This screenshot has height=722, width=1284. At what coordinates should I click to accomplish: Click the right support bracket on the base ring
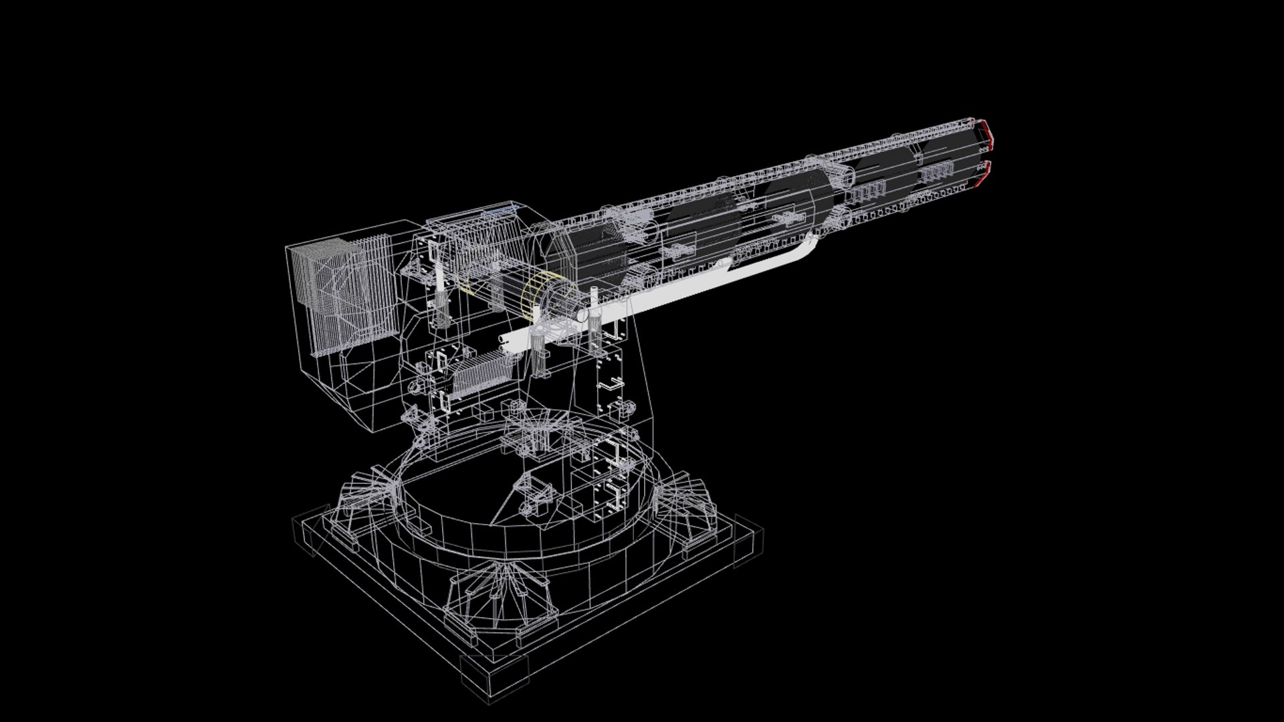click(x=689, y=505)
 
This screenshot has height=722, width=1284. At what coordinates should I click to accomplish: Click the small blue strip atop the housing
click(x=500, y=209)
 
